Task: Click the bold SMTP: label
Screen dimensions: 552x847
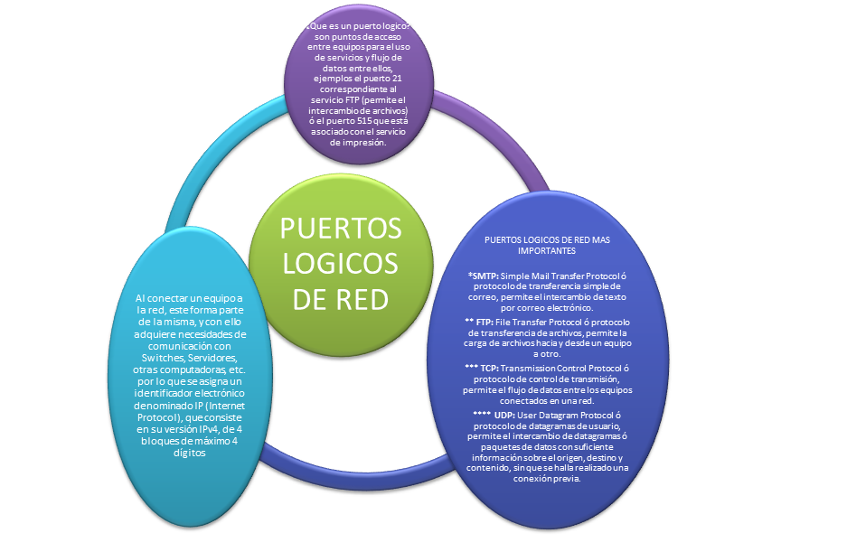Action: [x=484, y=275]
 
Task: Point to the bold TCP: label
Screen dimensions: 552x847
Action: [x=489, y=369]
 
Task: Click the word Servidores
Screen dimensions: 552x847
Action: [x=211, y=358]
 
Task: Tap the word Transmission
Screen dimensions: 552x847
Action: [x=539, y=369]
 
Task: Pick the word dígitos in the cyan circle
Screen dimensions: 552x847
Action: [x=189, y=455]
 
